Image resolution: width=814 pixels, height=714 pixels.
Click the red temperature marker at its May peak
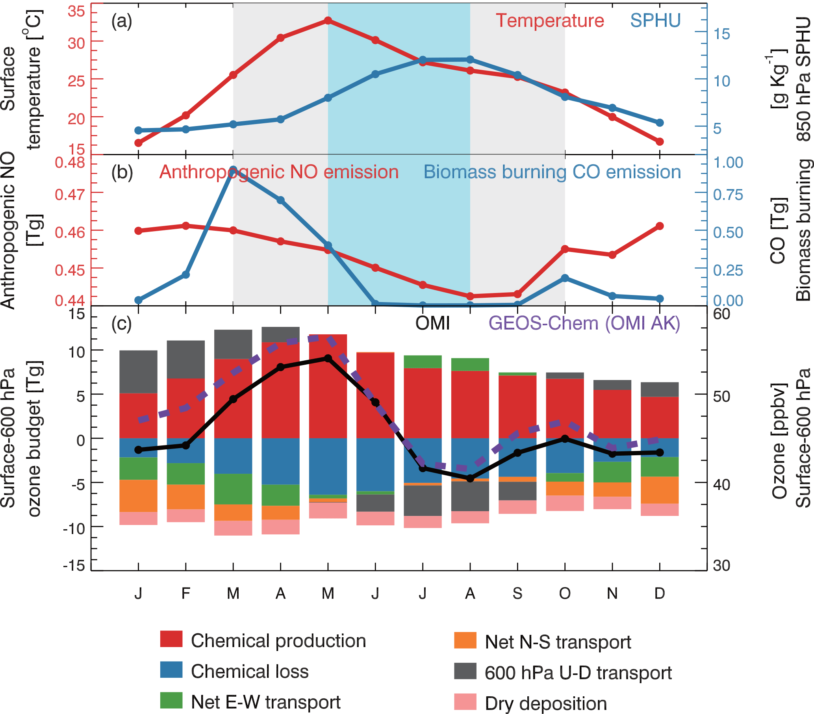[328, 20]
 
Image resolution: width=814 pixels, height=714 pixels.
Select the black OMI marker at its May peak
[328, 358]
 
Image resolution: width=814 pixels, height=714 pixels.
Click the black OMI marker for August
[470, 478]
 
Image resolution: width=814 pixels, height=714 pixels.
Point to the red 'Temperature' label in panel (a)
[550, 21]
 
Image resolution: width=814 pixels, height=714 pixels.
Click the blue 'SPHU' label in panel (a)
[655, 21]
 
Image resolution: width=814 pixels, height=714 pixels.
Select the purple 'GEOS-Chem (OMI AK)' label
[584, 323]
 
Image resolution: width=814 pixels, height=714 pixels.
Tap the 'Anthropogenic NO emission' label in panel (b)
[279, 172]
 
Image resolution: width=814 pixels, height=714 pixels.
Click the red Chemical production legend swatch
[171, 639]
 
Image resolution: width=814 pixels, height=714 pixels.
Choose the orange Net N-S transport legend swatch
[465, 640]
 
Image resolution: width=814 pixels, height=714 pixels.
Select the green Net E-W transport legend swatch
[171, 701]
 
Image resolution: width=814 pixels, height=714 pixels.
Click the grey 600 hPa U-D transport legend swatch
[465, 671]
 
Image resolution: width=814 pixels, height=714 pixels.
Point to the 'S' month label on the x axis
[517, 594]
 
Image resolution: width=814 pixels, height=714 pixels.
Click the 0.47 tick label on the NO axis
[70, 194]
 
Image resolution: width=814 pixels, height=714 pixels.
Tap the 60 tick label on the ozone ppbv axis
[721, 314]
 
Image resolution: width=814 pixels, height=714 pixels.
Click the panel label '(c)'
[121, 323]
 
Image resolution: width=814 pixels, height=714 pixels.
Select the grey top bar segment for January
[138, 371]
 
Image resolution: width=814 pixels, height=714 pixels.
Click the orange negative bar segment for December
[660, 490]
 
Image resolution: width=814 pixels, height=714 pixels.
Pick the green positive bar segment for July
[423, 362]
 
